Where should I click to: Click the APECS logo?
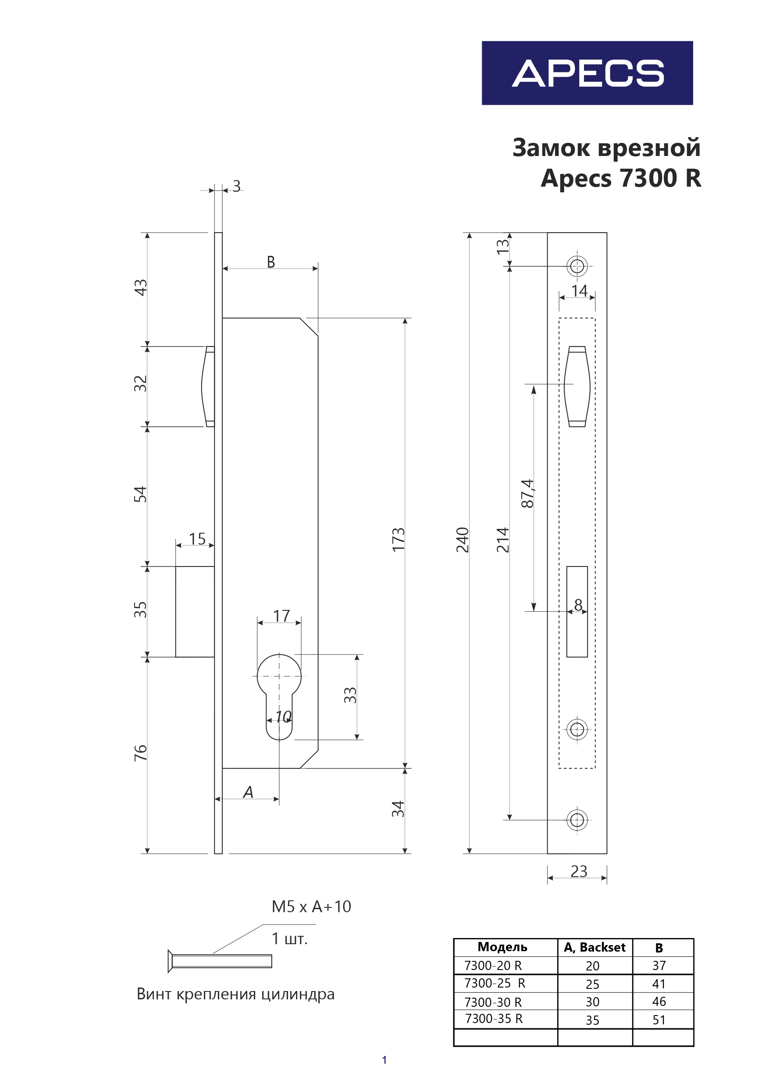click(x=587, y=73)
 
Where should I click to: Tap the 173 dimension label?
click(x=399, y=539)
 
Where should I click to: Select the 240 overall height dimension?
click(x=463, y=540)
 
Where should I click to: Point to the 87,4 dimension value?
click(x=527, y=494)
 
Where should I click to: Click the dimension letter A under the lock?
click(x=248, y=792)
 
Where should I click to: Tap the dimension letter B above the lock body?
click(x=271, y=262)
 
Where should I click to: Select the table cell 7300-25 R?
click(x=495, y=983)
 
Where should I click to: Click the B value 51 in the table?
click(x=659, y=1020)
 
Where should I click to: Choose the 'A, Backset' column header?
click(x=595, y=947)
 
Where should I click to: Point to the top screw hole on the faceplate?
click(x=577, y=266)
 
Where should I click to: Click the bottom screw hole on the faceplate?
click(x=577, y=819)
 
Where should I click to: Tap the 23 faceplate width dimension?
click(x=579, y=871)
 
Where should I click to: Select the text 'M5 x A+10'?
click(x=311, y=906)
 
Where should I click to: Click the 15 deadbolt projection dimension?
click(x=197, y=539)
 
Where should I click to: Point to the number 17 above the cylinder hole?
click(x=281, y=616)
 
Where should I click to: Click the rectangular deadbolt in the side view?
click(x=195, y=611)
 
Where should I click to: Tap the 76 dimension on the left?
click(x=141, y=753)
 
